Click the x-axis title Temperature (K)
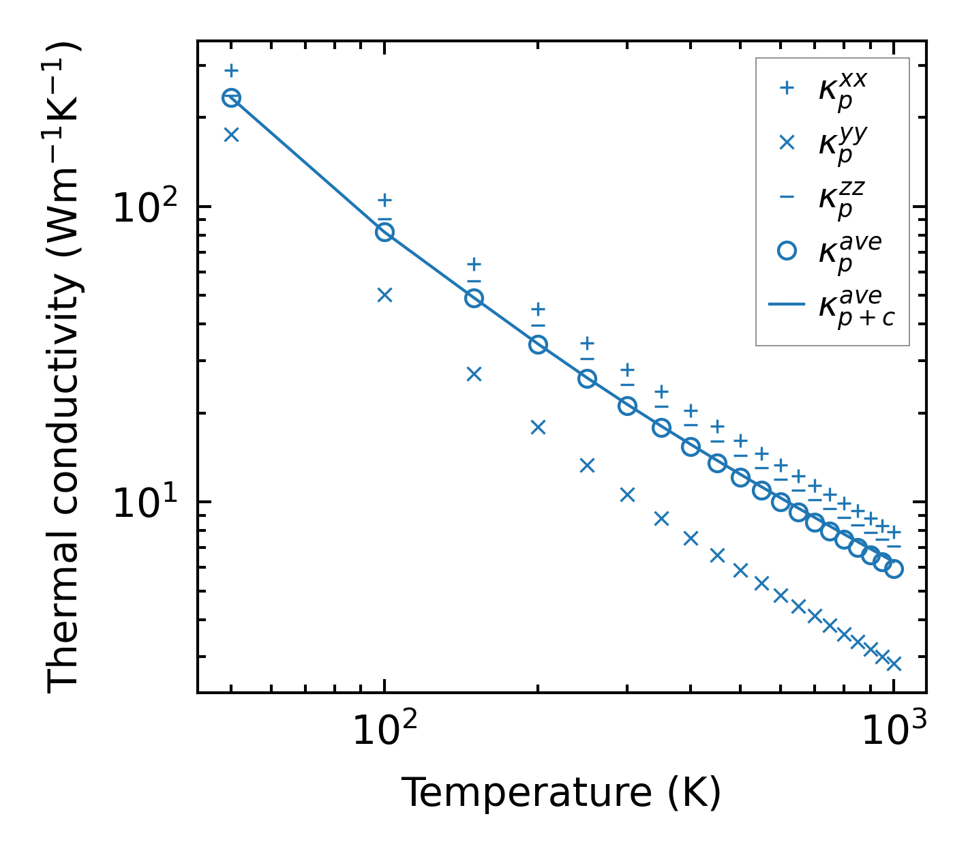(x=560, y=793)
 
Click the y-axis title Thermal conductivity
(x=64, y=368)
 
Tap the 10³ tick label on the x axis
(x=894, y=732)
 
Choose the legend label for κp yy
(x=843, y=145)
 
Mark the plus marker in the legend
(x=787, y=88)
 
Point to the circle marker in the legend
(x=787, y=251)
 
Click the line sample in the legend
(x=787, y=305)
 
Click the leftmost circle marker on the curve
(x=231, y=98)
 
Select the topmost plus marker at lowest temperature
(x=231, y=70)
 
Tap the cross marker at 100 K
(x=384, y=295)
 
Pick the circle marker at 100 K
(x=384, y=232)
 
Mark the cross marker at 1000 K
(x=894, y=663)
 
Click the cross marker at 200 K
(x=538, y=427)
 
